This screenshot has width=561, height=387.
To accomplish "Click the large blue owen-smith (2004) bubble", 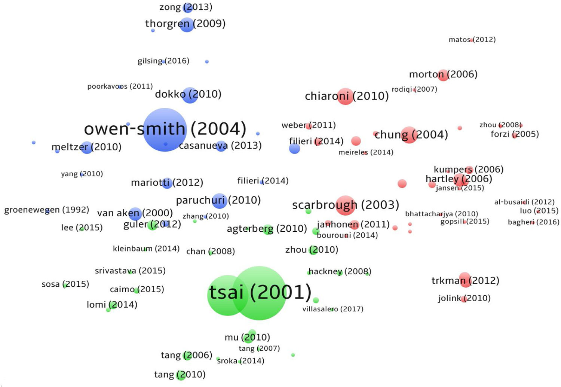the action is click(165, 130).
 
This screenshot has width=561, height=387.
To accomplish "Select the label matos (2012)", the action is click(472, 40).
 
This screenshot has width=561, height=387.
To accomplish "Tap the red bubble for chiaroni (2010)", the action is click(345, 96).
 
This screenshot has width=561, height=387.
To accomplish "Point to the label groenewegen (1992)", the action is click(46, 210).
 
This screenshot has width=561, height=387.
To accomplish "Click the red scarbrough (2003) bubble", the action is click(346, 205).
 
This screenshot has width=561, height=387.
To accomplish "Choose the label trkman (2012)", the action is click(465, 281).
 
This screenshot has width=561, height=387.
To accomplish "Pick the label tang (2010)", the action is click(180, 375).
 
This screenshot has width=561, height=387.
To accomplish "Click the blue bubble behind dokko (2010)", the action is click(190, 95).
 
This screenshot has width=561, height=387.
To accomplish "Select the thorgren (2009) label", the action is click(185, 24).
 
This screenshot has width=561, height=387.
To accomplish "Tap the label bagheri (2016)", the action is click(533, 222).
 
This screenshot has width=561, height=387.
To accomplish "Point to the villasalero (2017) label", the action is click(332, 309).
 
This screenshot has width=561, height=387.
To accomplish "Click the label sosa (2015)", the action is click(65, 284).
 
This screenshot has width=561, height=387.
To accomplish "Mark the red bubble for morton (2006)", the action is click(443, 75).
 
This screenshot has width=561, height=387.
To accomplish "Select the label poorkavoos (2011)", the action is click(120, 87).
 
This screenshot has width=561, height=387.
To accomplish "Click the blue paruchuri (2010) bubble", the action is click(219, 201).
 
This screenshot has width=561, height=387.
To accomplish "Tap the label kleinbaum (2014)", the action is click(146, 249).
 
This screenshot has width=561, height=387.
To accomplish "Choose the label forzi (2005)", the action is click(515, 134).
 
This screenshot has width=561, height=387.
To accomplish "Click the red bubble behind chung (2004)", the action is click(409, 135).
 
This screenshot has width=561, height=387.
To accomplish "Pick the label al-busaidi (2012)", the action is click(524, 202).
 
